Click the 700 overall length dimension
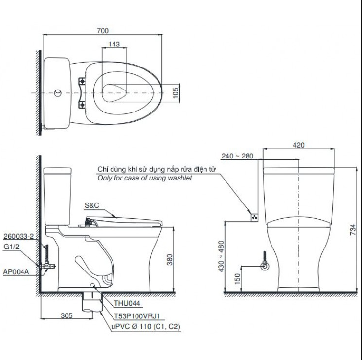click(x=102, y=30)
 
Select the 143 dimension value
click(x=113, y=44)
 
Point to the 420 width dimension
click(x=299, y=145)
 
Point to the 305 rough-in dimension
click(x=67, y=315)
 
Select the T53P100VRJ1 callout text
click(x=134, y=315)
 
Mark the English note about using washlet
click(x=145, y=178)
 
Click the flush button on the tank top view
click(x=58, y=92)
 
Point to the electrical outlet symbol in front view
click(x=254, y=216)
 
